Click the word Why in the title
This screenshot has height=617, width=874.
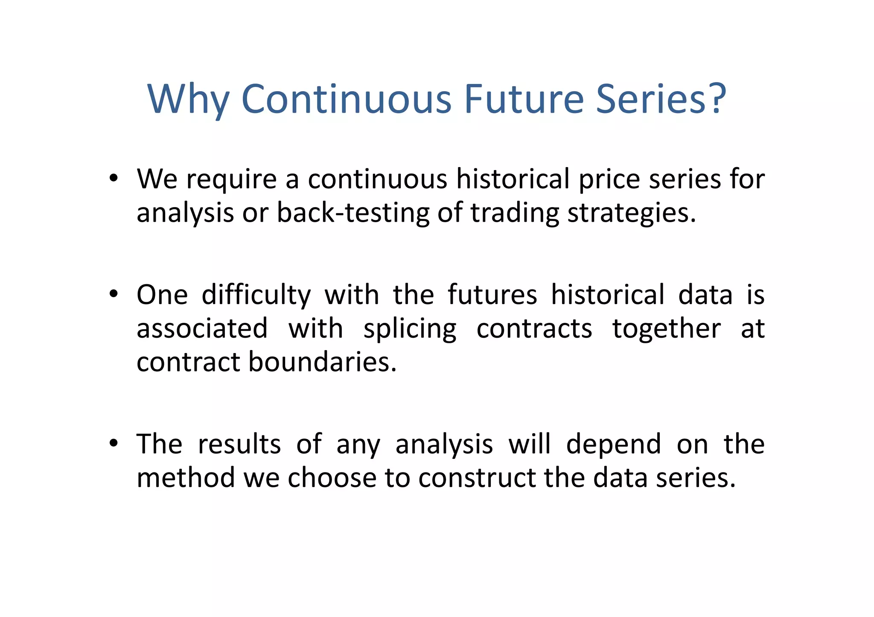point(188,99)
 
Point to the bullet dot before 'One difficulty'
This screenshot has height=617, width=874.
point(113,294)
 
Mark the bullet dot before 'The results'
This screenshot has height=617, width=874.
point(113,443)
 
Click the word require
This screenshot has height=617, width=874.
point(231,180)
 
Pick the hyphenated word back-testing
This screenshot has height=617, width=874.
point(353,212)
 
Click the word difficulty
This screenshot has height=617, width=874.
point(256,295)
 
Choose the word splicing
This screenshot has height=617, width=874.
point(410,329)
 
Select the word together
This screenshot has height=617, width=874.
point(667,329)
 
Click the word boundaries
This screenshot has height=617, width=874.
point(322,362)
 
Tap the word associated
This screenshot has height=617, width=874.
point(202,328)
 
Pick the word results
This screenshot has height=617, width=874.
point(239,444)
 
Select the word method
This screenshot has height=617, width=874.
point(186,477)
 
